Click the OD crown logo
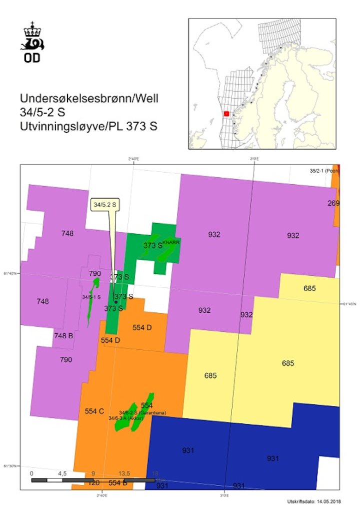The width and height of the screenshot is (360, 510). [x=32, y=42]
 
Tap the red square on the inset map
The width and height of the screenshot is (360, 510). [x=226, y=114]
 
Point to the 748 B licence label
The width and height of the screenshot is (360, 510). [x=63, y=335]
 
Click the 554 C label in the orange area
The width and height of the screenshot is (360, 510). [x=94, y=411]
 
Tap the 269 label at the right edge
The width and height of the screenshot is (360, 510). [x=333, y=203]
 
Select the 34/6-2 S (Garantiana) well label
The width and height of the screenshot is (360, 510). [x=142, y=412]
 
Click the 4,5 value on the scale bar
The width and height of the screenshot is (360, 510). [x=62, y=473]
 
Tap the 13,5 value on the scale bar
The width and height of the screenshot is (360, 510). [x=124, y=473]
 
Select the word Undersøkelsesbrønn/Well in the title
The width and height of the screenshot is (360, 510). [x=88, y=98]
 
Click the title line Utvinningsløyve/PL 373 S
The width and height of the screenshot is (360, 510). [x=88, y=126]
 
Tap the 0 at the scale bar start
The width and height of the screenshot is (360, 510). [x=31, y=473]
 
